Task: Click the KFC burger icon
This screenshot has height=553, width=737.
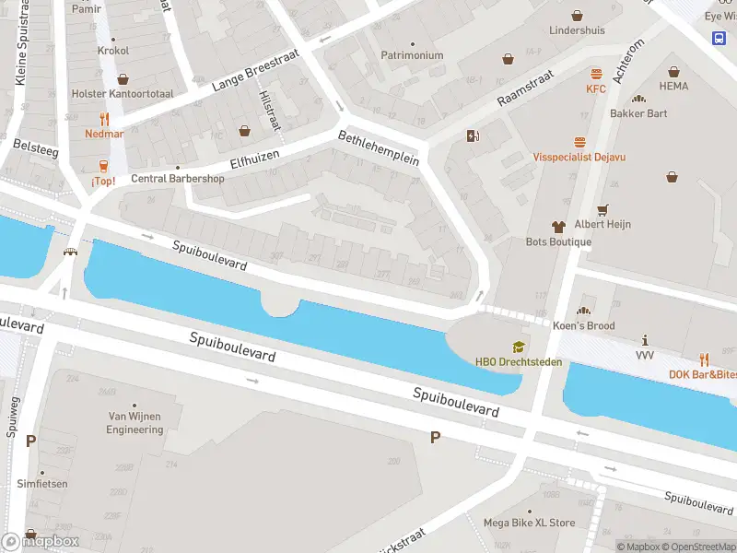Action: pyautogui.click(x=596, y=74)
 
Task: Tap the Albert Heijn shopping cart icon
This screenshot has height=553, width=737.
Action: pyautogui.click(x=603, y=210)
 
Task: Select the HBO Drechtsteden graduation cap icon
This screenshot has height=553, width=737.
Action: pyautogui.click(x=519, y=347)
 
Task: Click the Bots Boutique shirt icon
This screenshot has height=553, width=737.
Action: pyautogui.click(x=558, y=226)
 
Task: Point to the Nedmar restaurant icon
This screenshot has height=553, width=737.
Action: pyautogui.click(x=104, y=119)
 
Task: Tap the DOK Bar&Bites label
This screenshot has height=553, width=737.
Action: pyautogui.click(x=702, y=373)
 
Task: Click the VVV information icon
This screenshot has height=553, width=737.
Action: pyautogui.click(x=645, y=340)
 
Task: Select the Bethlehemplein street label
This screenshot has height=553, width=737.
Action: pyautogui.click(x=379, y=147)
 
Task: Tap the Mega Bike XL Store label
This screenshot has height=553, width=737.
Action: pyautogui.click(x=529, y=523)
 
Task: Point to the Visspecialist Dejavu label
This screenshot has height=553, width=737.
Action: pyautogui.click(x=579, y=157)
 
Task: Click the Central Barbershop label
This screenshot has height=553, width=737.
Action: pyautogui.click(x=178, y=179)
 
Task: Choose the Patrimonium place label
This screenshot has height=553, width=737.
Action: pyautogui.click(x=412, y=55)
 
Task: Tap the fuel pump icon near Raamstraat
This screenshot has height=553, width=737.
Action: pyautogui.click(x=474, y=136)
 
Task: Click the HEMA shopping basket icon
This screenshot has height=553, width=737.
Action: pyautogui.click(x=673, y=71)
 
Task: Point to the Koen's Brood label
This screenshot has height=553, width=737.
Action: pyautogui.click(x=584, y=325)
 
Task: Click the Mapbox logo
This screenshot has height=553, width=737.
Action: pyautogui.click(x=42, y=541)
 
